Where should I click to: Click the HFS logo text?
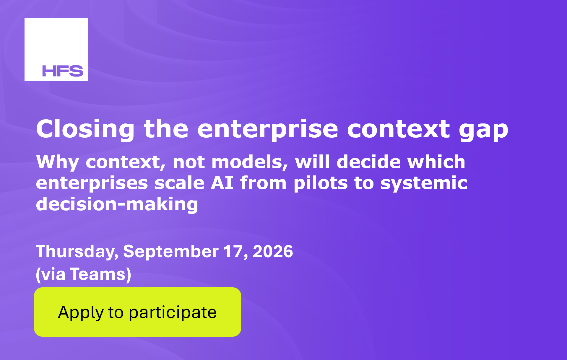(x=63, y=71)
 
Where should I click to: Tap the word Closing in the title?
(x=85, y=129)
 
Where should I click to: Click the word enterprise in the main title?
(x=268, y=130)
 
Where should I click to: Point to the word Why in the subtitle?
(x=58, y=163)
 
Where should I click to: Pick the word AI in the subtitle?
(x=222, y=183)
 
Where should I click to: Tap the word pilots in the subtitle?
(x=321, y=183)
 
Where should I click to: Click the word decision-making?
(x=117, y=204)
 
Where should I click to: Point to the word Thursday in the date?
(x=77, y=252)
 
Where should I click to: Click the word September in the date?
(x=171, y=252)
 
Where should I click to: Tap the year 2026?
(x=273, y=252)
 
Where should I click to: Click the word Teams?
(x=98, y=274)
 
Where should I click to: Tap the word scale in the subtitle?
(x=179, y=183)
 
